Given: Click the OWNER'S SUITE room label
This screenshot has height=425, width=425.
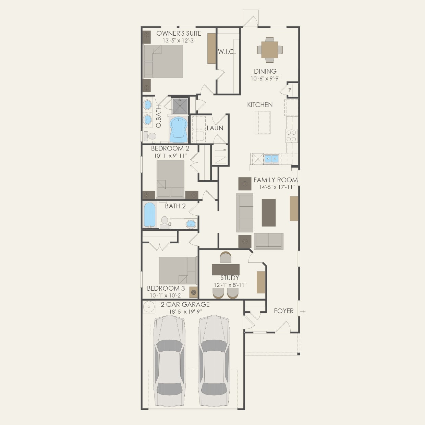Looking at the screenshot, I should coord(179,34).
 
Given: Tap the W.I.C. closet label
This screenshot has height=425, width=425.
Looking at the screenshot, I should coord(227,52).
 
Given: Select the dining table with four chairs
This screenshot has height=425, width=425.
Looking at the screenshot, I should coord(270,50).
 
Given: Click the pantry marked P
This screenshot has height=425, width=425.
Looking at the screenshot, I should coord(290,90).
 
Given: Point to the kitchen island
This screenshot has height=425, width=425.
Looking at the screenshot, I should coord(263,122).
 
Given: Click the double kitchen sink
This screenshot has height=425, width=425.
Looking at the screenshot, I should coord(271,159).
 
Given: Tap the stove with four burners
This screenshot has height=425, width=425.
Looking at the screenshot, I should coord(292,135).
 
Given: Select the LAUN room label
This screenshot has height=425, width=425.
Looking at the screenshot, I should coord(215,128).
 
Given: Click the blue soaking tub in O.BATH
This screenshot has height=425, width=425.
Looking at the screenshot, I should coord(179,130).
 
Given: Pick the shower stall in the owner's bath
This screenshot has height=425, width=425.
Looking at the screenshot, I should coord(180,106).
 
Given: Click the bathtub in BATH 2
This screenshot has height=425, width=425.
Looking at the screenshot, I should coord(150,215).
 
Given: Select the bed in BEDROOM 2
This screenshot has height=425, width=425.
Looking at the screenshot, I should coord(170,179).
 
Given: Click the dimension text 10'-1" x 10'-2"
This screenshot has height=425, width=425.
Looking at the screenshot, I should coord(166,295).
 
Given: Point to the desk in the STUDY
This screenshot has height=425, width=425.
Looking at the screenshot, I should coord(226,269).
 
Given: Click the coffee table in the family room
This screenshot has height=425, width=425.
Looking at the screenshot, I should coord(269,212).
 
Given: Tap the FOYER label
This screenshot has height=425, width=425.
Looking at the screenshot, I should coord(284,311).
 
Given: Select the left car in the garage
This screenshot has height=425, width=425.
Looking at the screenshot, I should coord(169,356).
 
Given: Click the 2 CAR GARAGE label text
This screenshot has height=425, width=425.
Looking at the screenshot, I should coord(185,304).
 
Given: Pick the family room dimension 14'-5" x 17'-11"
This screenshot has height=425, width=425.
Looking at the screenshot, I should coord(277,187).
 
